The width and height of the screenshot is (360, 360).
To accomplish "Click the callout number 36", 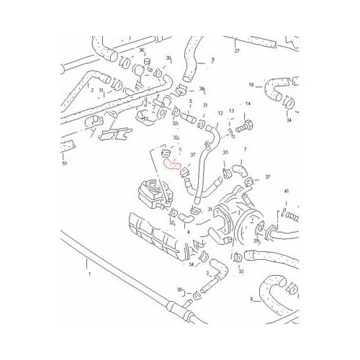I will click(143, 50).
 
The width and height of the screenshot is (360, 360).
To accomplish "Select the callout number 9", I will click(213, 60).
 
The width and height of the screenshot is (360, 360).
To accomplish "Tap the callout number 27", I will click(236, 52).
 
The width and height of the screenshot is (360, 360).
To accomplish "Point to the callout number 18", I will click(252, 84).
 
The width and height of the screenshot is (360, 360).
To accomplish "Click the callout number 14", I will click(247, 104).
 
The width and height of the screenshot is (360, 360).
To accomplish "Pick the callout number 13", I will click(231, 111).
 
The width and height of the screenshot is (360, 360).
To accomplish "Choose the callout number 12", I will click(220, 112).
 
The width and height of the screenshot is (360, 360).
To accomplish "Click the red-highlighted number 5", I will click(171, 150).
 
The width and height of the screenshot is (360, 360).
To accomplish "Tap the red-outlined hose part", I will click(174, 163).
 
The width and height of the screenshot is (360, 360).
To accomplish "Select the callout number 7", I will click(244, 149).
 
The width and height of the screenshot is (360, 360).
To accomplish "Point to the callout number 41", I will click(285, 191).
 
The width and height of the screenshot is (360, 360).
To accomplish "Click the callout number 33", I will click(240, 271).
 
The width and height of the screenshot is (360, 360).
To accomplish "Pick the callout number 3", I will click(207, 274).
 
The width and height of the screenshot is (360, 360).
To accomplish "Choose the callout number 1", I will click(89, 274).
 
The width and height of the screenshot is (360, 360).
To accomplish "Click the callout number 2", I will click(92, 90).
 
